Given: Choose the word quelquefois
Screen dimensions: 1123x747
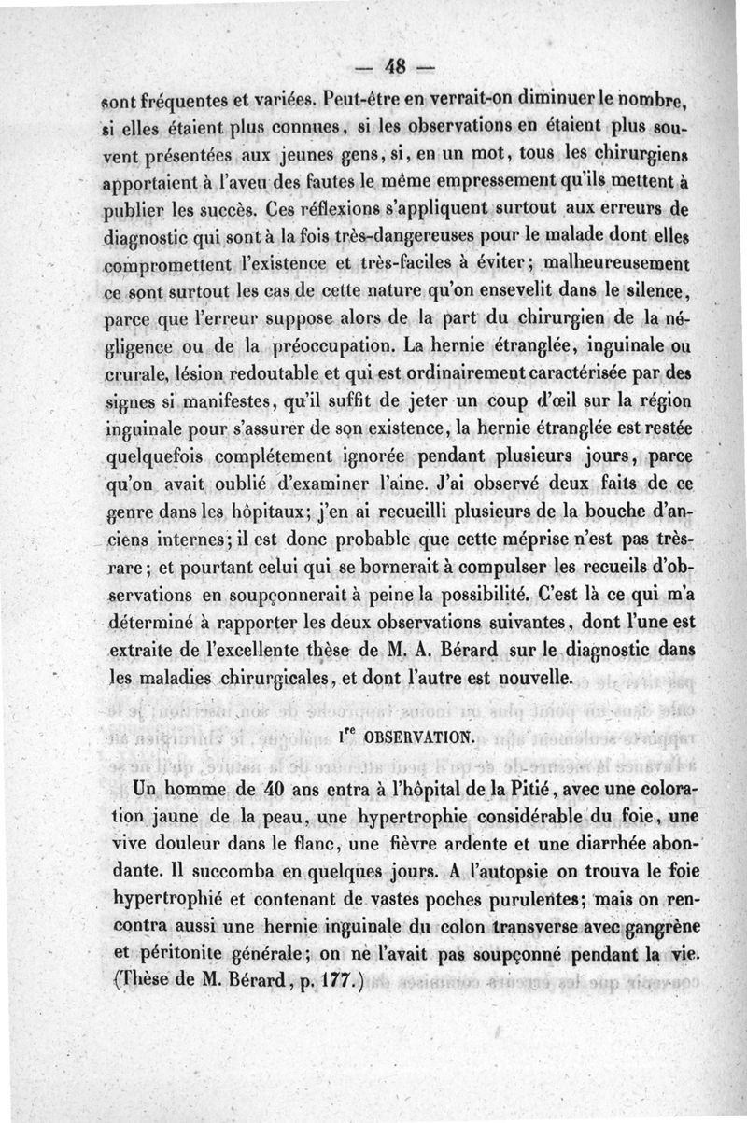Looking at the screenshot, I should [150, 458].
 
